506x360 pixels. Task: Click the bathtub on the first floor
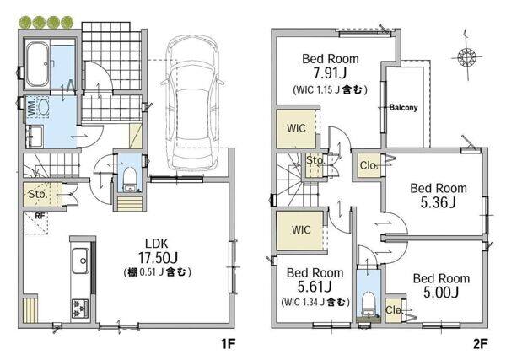pyautogui.click(x=37, y=65)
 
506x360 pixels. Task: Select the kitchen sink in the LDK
pyautogui.click(x=80, y=261)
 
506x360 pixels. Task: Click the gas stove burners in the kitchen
pyautogui.click(x=80, y=309)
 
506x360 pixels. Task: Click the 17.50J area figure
pyautogui.click(x=158, y=257)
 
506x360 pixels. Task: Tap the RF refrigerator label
pyautogui.click(x=40, y=216)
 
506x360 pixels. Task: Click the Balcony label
pyautogui.click(x=403, y=107)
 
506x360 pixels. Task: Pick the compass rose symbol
pyautogui.click(x=466, y=57)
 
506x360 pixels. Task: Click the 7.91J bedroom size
pyautogui.click(x=330, y=73)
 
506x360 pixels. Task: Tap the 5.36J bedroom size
pyautogui.click(x=439, y=202)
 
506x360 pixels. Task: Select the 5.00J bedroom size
pyautogui.click(x=441, y=293)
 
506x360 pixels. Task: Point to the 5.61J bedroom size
pyautogui.click(x=315, y=287)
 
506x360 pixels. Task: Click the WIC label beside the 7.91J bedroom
pyautogui.click(x=296, y=128)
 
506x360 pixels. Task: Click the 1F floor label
pyautogui.click(x=229, y=344)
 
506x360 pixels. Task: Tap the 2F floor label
pyautogui.click(x=481, y=344)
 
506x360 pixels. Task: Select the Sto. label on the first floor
pyautogui.click(x=38, y=194)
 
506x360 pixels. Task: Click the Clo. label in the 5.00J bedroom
pyautogui.click(x=394, y=310)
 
